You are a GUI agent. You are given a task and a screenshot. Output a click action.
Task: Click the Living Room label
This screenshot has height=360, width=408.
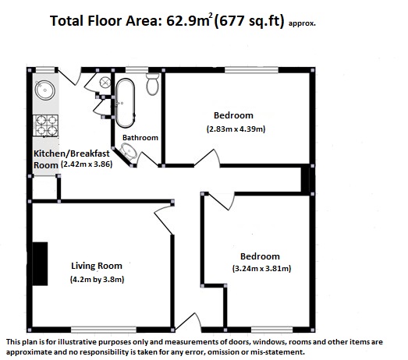coord(97,266)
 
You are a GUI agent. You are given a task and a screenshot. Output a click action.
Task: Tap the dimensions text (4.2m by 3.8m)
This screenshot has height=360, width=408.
coord(97,280)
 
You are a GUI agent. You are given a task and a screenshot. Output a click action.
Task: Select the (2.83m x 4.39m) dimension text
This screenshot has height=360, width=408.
coord(236,129)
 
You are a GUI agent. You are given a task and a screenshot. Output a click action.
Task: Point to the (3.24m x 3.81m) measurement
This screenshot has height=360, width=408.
coord(261,268)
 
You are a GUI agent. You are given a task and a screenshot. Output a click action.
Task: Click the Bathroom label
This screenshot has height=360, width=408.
coord(140,137)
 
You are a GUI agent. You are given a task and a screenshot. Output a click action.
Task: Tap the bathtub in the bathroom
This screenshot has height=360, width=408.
coord(125,103)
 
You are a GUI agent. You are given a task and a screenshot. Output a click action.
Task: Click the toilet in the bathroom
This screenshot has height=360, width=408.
coord(153,84)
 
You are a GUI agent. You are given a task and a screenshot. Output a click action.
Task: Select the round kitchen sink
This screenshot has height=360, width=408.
coord(45,90)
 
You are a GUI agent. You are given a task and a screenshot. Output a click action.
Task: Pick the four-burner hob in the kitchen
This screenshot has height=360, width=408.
coord(45,125)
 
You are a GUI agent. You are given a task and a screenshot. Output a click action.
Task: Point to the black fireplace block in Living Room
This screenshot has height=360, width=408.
coord(40,264)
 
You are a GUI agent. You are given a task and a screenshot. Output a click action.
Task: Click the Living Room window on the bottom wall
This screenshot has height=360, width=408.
coord(104,330)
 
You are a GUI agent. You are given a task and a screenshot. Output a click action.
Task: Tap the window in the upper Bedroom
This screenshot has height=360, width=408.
coord(252,70)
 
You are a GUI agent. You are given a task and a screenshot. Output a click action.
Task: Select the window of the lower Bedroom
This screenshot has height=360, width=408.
coord(272,330)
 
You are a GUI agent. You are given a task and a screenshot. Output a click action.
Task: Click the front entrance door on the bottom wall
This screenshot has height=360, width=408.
coord(188,323)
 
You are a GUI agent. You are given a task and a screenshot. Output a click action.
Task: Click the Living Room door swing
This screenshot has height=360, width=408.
coord(164,220)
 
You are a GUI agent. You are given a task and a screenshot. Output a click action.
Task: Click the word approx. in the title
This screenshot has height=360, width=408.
coord(302,23)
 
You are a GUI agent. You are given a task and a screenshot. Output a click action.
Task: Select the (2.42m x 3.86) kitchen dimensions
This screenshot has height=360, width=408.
coord(87,164)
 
